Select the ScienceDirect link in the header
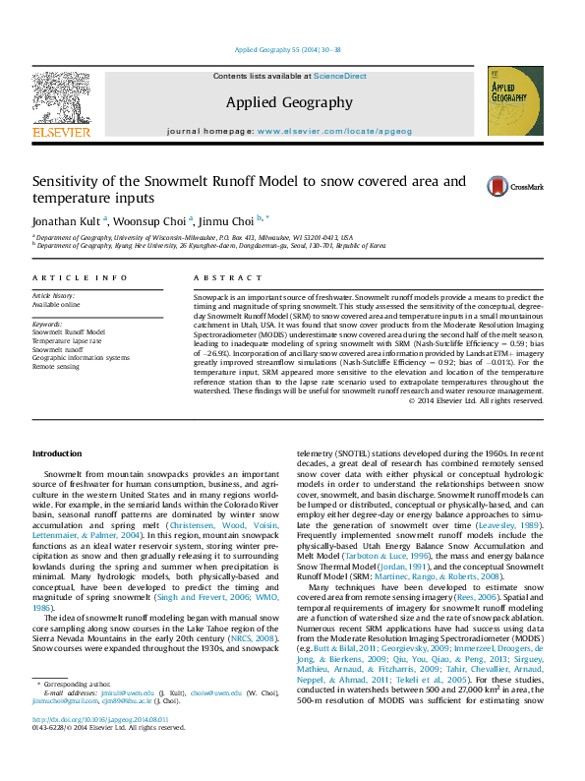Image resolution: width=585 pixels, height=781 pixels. pyautogui.click(x=340, y=76)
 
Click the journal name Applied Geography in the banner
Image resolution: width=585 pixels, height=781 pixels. pyautogui.click(x=288, y=102)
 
